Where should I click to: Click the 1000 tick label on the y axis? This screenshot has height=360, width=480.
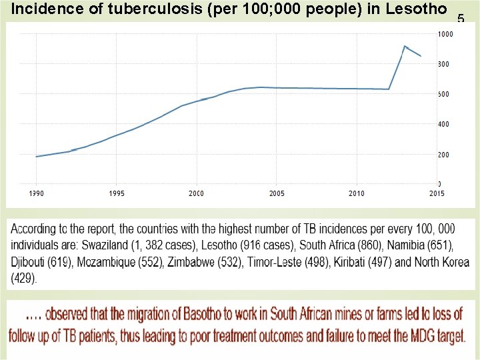(444, 33)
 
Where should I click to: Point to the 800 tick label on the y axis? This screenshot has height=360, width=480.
(443, 64)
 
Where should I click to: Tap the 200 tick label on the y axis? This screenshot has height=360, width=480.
(443, 154)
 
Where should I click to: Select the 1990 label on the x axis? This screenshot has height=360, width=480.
(37, 193)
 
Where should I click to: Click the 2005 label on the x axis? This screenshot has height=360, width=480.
(277, 193)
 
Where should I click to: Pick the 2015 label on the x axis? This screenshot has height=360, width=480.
(437, 193)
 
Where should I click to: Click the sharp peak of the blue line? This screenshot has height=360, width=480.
(405, 46)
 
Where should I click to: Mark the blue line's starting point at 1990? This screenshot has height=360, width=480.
(37, 157)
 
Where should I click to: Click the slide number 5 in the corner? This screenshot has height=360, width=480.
(460, 19)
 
